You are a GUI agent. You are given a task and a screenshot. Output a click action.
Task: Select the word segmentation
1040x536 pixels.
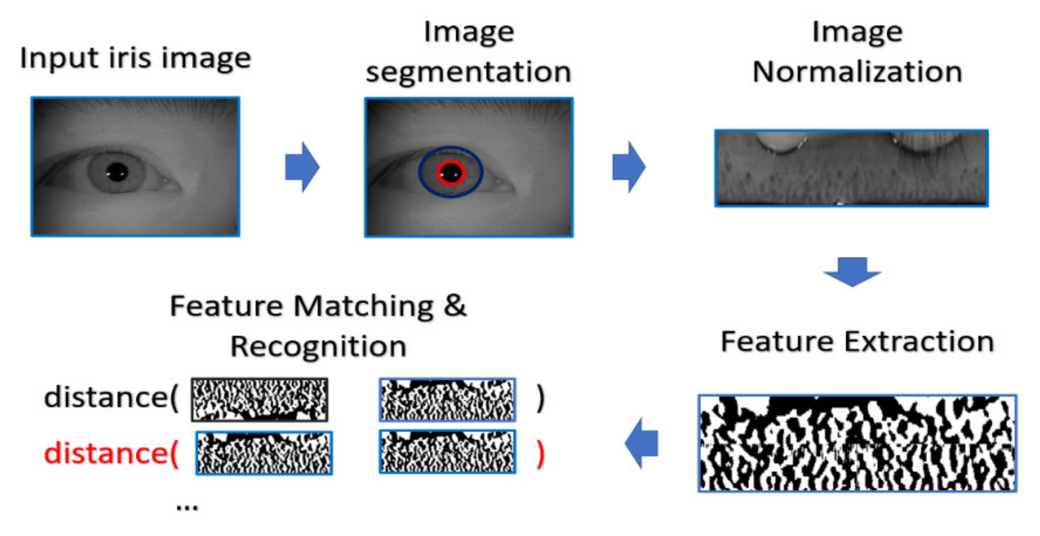click(468, 72)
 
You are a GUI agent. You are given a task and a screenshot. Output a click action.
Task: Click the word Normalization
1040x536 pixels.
click(857, 72)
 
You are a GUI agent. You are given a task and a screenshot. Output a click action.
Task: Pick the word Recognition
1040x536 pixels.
click(318, 346)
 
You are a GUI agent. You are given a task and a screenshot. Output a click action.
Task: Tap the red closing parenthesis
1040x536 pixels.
click(541, 454)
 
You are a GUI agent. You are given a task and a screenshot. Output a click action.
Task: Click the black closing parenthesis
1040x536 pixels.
click(541, 398)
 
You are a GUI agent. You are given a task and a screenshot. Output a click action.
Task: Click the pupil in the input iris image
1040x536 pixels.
click(117, 172)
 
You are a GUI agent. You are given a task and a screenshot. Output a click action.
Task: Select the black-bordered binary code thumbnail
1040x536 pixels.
click(260, 399)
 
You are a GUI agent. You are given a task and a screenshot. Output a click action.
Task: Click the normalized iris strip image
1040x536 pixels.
click(851, 168)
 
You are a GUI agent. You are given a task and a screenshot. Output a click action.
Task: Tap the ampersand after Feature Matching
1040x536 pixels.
click(455, 306)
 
